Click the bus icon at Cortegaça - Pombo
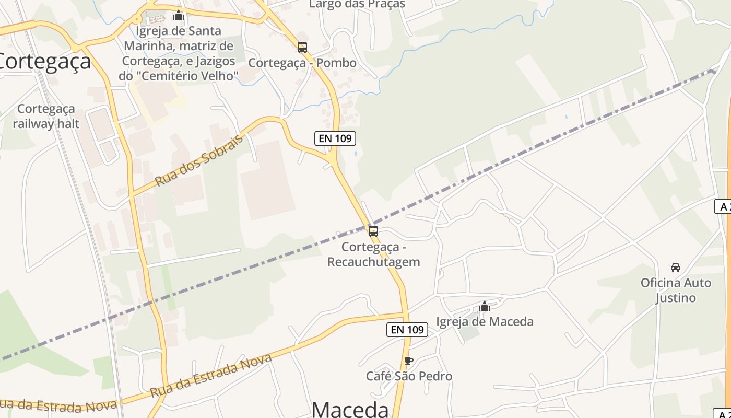(302, 48)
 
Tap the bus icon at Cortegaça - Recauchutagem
(373, 231)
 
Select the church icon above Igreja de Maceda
(485, 306)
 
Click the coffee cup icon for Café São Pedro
(409, 361)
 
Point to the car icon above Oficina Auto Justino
(676, 268)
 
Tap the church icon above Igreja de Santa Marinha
(179, 15)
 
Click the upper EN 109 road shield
(335, 138)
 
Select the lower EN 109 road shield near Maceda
(407, 330)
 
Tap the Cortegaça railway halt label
(46, 117)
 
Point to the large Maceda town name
(350, 409)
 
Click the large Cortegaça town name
(44, 62)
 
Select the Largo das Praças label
(357, 4)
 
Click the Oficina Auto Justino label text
(676, 291)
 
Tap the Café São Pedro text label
(409, 376)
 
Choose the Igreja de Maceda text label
(485, 322)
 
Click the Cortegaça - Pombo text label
(302, 63)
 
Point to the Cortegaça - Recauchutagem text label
(373, 254)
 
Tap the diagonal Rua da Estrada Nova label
(211, 375)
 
